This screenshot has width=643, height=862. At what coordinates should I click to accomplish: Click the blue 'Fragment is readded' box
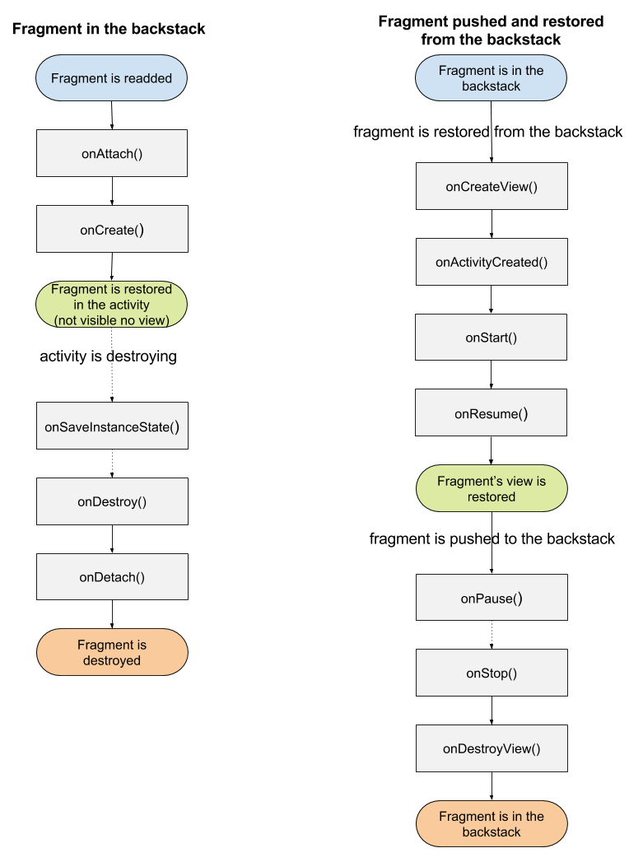112,78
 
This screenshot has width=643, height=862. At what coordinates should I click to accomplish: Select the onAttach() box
112,153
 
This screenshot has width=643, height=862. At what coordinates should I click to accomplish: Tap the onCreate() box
112,229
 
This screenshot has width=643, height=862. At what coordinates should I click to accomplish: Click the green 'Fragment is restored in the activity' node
112,305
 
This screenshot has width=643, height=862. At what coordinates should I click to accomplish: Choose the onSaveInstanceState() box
112,426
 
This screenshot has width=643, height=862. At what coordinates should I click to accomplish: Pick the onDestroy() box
112,501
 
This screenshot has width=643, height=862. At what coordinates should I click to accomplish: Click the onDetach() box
112,576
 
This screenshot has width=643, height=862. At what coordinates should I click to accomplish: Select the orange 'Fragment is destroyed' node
112,652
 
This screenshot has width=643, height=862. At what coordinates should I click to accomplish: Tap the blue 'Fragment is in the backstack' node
492,78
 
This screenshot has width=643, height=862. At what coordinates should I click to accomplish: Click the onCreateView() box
492,186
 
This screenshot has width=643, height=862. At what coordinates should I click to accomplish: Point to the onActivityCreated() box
492,262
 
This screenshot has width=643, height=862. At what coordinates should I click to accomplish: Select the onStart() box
492,338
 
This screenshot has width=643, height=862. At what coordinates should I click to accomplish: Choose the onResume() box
492,412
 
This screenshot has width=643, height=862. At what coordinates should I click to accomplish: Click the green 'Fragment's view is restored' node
492,488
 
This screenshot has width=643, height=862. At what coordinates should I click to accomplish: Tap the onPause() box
492,598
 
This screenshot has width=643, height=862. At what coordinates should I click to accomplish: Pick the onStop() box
492,673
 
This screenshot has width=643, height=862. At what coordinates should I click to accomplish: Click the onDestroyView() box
492,748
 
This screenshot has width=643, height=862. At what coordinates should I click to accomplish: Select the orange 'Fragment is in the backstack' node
492,824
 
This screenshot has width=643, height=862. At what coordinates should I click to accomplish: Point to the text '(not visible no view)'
112,320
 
